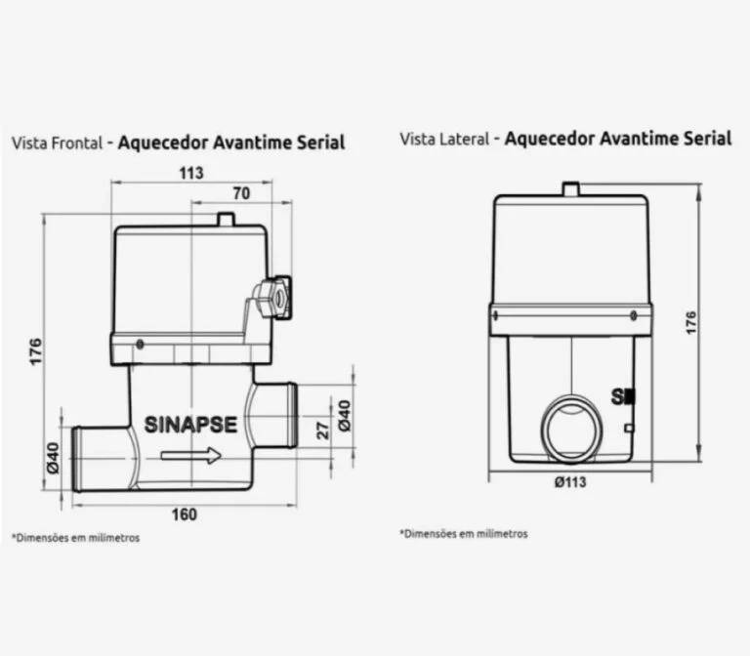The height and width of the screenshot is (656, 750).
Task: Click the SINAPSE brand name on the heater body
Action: pyautogui.click(x=190, y=425)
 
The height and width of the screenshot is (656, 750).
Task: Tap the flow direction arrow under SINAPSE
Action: pyautogui.click(x=190, y=456)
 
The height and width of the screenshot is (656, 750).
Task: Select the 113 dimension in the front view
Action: pyautogui.click(x=191, y=173)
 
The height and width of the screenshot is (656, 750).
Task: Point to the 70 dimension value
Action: pyautogui.click(x=240, y=193)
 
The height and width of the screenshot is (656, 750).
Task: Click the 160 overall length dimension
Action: pyautogui.click(x=184, y=514)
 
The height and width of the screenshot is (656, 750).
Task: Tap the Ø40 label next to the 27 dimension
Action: pyautogui.click(x=344, y=418)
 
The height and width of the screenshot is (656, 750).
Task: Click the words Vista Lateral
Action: pyautogui.click(x=444, y=140)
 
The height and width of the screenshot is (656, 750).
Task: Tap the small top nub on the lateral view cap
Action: pyautogui.click(x=571, y=188)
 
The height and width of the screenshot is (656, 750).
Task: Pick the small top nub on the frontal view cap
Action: pyautogui.click(x=226, y=220)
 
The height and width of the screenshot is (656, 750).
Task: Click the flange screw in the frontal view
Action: pyautogui.click(x=141, y=344)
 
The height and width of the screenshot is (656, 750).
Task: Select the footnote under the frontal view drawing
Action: pyautogui.click(x=75, y=538)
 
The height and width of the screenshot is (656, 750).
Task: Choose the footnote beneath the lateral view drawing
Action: pyautogui.click(x=464, y=534)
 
